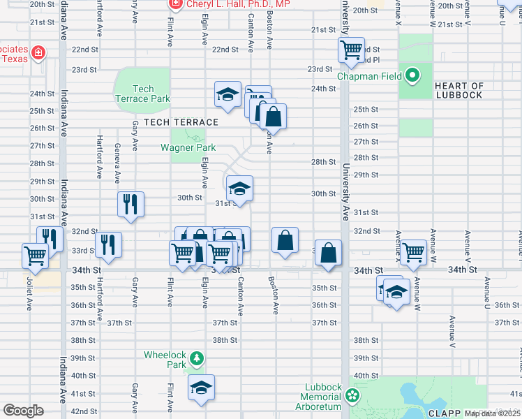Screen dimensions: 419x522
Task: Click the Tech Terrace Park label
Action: [142, 94]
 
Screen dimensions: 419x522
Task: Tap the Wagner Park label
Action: [188, 147]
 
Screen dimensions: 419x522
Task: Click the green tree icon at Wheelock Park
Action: [197, 359]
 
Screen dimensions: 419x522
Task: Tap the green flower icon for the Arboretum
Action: [352, 396]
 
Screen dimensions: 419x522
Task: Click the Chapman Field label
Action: [371, 75]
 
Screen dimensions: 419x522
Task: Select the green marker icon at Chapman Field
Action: [413, 74]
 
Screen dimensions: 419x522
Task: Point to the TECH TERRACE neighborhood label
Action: [181, 122]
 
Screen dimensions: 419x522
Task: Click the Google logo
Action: [23, 410]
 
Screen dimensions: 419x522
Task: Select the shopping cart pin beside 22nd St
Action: [352, 50]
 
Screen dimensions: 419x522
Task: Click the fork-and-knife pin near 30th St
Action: [130, 203]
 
